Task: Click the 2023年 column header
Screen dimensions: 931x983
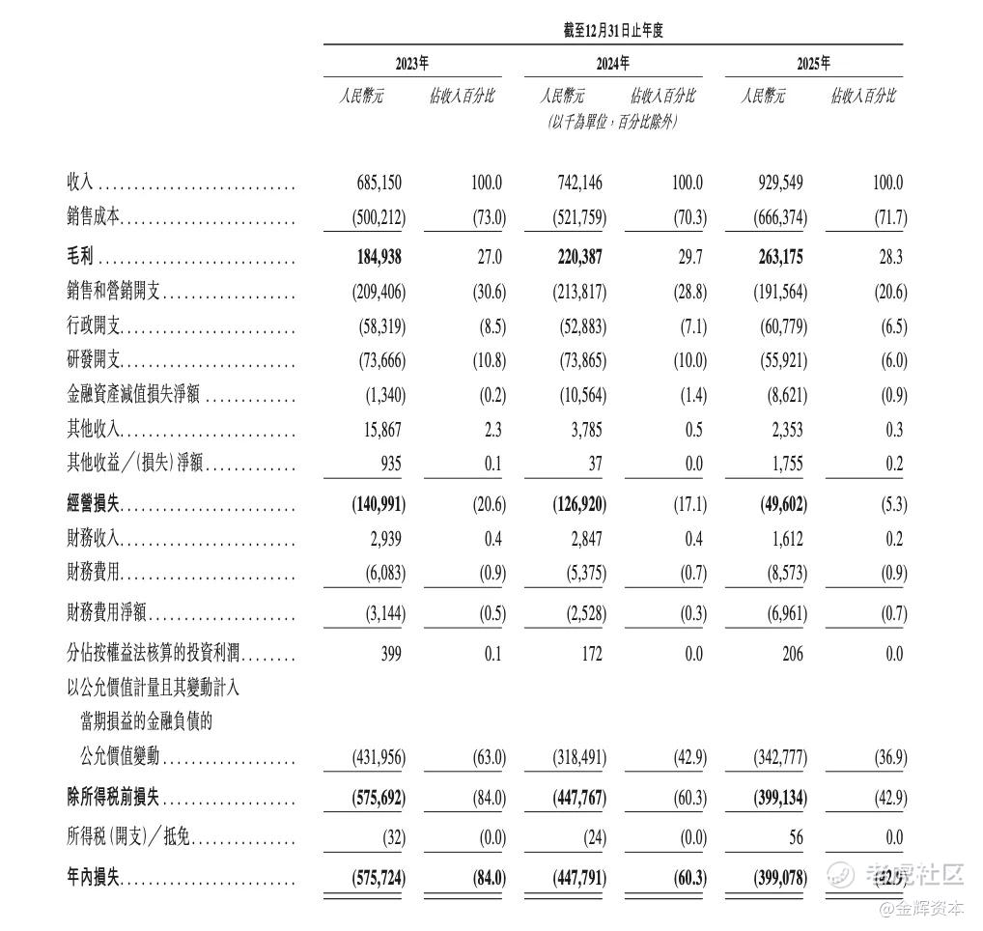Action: (x=412, y=64)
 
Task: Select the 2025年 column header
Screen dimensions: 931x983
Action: (x=813, y=64)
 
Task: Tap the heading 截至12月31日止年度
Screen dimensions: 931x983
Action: (x=613, y=31)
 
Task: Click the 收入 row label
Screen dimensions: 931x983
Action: (x=79, y=183)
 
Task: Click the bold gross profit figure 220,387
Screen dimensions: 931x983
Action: (x=578, y=258)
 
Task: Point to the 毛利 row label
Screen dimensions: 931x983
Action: (x=79, y=258)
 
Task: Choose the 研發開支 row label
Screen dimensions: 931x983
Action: (x=93, y=360)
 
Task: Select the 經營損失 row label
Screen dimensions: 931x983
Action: (x=93, y=504)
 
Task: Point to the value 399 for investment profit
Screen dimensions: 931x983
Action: (x=391, y=654)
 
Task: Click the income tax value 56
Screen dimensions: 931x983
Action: (x=795, y=837)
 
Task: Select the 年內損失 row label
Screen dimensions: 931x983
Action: (x=93, y=878)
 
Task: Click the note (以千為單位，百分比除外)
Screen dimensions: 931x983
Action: (x=612, y=122)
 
